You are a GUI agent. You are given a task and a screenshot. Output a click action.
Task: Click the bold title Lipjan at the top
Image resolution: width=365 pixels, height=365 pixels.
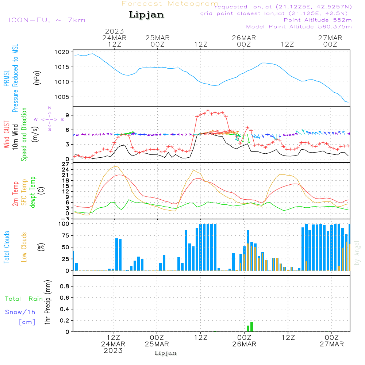click(146, 15)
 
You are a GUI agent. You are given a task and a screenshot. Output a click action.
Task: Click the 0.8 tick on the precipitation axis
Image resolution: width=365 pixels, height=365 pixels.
click(65, 287)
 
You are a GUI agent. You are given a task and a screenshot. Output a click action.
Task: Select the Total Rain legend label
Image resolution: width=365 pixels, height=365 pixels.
click(24, 299)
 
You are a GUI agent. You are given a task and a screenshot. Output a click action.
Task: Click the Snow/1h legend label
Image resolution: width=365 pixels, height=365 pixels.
click(20, 312)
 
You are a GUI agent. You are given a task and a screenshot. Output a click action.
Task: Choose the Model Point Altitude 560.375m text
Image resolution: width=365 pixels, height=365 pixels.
click(299, 27)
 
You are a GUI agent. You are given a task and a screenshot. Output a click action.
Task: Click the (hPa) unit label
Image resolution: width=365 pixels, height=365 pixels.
click(36, 77)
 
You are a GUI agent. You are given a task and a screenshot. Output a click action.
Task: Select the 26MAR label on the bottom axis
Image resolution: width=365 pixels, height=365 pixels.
click(244, 344)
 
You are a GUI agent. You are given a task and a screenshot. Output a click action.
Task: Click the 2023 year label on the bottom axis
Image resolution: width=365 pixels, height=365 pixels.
click(113, 351)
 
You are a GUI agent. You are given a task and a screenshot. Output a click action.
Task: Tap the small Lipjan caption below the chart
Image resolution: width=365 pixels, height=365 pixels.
click(166, 353)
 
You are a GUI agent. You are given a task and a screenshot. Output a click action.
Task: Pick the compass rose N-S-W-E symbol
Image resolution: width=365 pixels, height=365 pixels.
click(49, 119)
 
